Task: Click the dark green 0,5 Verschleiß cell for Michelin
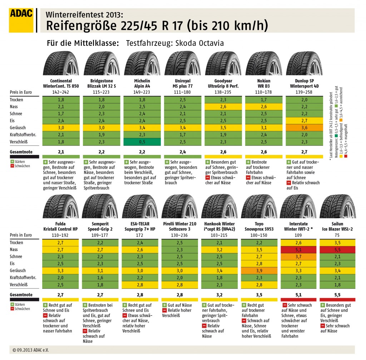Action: click(142, 141)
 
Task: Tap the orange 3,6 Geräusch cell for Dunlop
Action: click(305, 127)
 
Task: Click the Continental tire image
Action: click(61, 63)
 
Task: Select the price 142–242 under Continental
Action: click(61, 92)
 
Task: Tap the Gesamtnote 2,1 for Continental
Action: click(61, 152)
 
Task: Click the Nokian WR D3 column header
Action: click(264, 83)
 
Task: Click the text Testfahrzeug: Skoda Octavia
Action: click(175, 43)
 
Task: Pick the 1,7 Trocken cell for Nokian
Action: click(264, 99)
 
